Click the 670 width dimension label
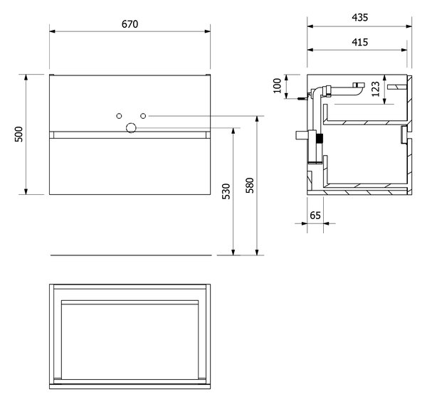point(130,24)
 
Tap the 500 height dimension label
point(19,134)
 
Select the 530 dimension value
point(226,191)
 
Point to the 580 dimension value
point(250,186)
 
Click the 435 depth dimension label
point(359,17)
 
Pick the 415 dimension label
point(359,42)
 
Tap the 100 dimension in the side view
point(277,85)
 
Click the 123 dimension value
point(375,89)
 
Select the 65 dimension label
point(315,216)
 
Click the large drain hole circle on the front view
point(131,127)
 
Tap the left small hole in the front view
point(119,116)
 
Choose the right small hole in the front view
point(143,116)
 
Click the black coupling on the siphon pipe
point(320,139)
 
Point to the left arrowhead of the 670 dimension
point(52,31)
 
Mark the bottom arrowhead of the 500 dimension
point(26,191)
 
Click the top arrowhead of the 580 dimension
point(257,119)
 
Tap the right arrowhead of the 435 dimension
point(408,26)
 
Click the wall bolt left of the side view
point(302,99)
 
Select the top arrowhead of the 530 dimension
point(233,131)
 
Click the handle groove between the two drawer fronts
point(130,135)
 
